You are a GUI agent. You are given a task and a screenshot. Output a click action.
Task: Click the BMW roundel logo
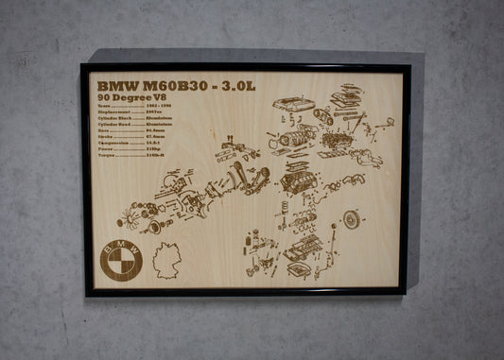(122, 256)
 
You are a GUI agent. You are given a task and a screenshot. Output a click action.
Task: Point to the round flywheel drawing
(352, 220)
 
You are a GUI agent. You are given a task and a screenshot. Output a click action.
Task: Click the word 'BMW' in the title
(114, 84)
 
